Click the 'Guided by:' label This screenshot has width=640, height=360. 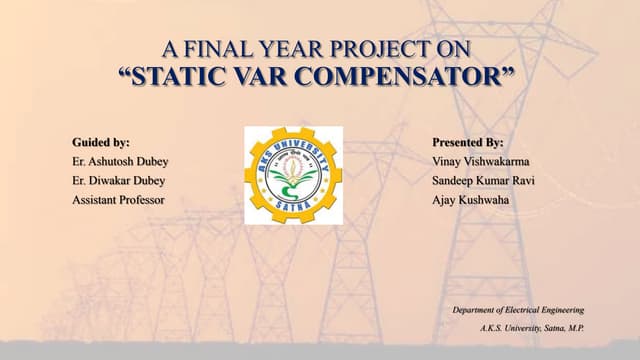(101, 143)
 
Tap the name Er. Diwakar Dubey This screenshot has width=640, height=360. (119, 181)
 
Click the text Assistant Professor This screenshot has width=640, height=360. (118, 200)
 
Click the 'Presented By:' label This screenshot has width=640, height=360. (467, 143)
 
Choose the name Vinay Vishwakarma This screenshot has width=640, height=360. (481, 162)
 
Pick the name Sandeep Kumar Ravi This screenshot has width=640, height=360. (484, 181)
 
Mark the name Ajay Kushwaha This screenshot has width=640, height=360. (469, 200)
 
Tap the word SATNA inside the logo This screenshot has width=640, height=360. (293, 206)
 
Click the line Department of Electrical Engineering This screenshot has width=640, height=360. (518, 311)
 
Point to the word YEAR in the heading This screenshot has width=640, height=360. (294, 48)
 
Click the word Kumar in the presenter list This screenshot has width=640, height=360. (498, 181)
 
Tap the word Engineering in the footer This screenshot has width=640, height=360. (559, 311)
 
